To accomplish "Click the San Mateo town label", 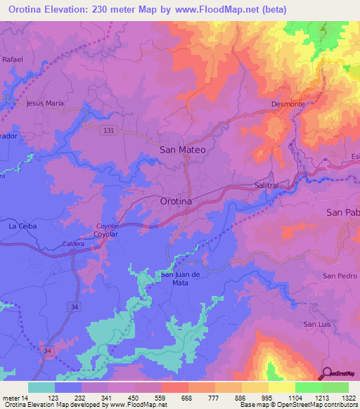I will (182, 150).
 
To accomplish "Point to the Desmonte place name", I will (288, 104).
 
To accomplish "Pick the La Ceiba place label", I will (21, 226).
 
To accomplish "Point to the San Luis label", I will (316, 324).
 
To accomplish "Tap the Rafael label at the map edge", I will (13, 60).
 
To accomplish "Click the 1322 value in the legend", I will (347, 398).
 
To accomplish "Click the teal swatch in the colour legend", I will (41, 387).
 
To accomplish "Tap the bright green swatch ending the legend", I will (335, 387).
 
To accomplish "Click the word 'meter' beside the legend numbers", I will (11, 398).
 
